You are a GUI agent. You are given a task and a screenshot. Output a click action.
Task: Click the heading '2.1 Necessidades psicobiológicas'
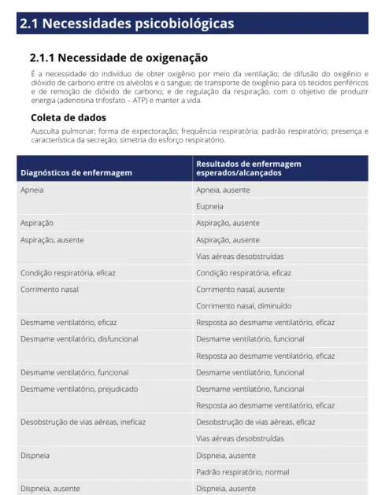[x=127, y=24]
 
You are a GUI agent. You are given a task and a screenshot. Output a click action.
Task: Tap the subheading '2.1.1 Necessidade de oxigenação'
[x=118, y=57]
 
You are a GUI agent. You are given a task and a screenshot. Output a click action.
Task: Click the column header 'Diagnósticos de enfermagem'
[x=76, y=172]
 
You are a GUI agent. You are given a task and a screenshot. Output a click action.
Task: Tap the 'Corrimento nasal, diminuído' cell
[x=244, y=306]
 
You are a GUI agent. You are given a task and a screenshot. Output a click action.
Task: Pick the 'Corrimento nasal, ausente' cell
[x=239, y=290]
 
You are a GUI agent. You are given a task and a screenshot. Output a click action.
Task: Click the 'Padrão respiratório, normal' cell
[x=242, y=471]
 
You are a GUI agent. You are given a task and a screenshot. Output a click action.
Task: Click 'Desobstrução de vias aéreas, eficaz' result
[x=255, y=422]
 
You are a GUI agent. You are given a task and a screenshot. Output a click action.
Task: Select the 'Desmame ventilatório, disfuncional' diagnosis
[x=79, y=339]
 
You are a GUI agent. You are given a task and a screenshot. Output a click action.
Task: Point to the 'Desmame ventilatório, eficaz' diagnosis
[x=68, y=323]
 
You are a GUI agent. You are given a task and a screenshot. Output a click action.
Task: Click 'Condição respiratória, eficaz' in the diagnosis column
[x=67, y=273]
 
